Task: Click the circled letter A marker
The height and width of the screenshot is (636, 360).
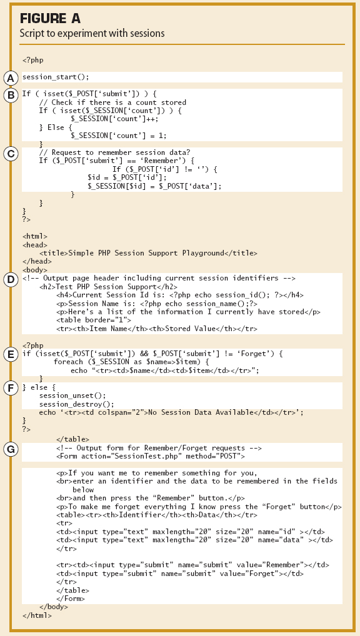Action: click(11, 77)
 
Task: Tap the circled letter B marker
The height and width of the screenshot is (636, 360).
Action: click(11, 95)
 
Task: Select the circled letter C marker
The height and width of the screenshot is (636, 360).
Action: click(11, 153)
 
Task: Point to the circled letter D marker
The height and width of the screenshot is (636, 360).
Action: click(11, 279)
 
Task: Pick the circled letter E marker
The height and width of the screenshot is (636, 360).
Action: click(11, 355)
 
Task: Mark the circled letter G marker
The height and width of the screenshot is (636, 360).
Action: click(11, 449)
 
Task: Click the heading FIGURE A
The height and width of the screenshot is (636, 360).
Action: click(50, 19)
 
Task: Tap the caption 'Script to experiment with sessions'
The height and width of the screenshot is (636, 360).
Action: click(92, 34)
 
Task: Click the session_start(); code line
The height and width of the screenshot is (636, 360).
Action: click(56, 77)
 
